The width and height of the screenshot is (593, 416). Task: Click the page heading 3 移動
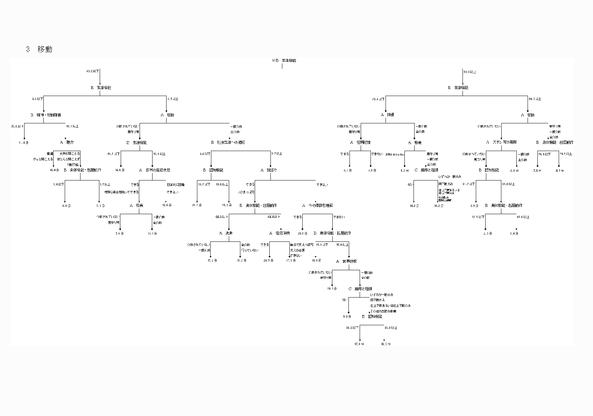click(39, 49)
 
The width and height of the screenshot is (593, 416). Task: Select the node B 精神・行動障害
click(45, 115)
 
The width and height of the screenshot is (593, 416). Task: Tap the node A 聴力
click(67, 142)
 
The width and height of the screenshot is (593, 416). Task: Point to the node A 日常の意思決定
click(155, 170)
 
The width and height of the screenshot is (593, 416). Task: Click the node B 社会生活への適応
click(228, 142)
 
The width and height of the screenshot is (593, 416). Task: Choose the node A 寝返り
click(269, 170)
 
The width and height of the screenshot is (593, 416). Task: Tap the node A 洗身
click(226, 233)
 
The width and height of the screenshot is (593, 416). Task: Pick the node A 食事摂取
click(346, 261)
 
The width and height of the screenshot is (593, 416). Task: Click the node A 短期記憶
click(360, 143)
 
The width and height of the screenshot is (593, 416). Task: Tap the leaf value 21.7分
click(197, 205)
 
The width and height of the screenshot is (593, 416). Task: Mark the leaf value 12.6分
click(167, 205)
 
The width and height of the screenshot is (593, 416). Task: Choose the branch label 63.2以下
click(93, 71)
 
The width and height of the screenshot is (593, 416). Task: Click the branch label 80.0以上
click(535, 99)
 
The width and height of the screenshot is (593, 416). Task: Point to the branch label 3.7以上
click(276, 154)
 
